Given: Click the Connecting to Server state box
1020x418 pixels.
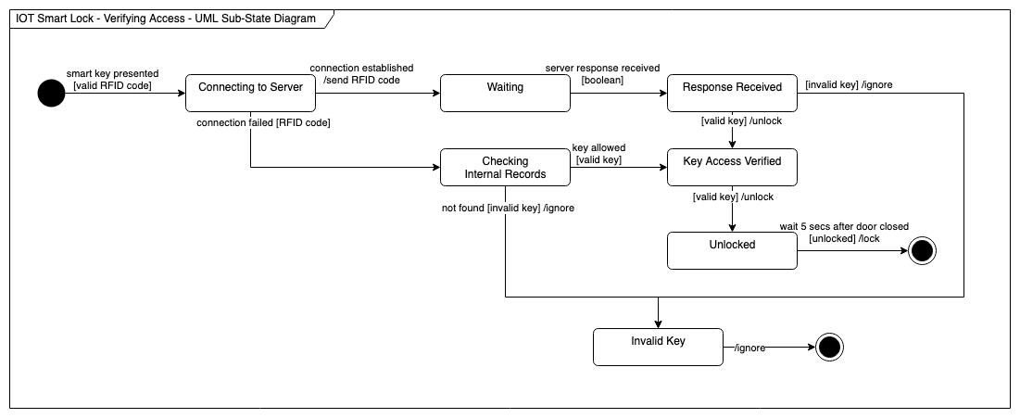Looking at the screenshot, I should (x=250, y=93).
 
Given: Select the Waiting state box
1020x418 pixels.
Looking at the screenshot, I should (x=505, y=93).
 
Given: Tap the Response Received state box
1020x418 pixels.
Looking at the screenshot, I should (x=732, y=93).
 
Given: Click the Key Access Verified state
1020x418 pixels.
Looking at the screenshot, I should (x=732, y=167).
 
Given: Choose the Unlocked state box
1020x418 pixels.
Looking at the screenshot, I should (x=732, y=250).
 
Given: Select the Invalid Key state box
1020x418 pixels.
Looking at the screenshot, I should (x=658, y=347).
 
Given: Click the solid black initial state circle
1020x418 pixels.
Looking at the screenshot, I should (x=51, y=93).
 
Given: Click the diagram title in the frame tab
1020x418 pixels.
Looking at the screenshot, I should (x=166, y=18).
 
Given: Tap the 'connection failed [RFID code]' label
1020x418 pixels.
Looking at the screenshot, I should (x=264, y=122).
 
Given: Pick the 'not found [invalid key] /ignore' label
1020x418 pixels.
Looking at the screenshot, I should (x=508, y=208).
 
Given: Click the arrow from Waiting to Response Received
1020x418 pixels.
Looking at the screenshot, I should (x=618, y=93).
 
